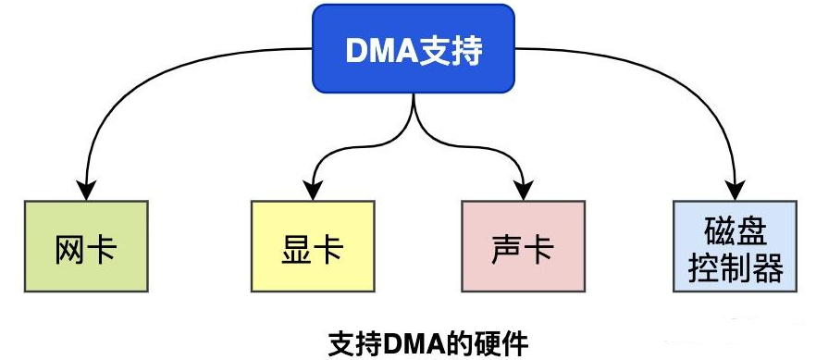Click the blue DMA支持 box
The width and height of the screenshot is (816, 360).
(x=413, y=49)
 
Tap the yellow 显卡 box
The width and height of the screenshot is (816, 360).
(x=312, y=246)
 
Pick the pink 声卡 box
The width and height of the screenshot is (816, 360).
(x=524, y=246)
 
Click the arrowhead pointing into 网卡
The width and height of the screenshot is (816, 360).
(x=87, y=189)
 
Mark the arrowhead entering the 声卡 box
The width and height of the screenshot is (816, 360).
(x=524, y=189)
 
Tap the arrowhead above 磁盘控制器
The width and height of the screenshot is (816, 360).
(x=737, y=189)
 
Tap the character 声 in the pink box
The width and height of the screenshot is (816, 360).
(x=506, y=247)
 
